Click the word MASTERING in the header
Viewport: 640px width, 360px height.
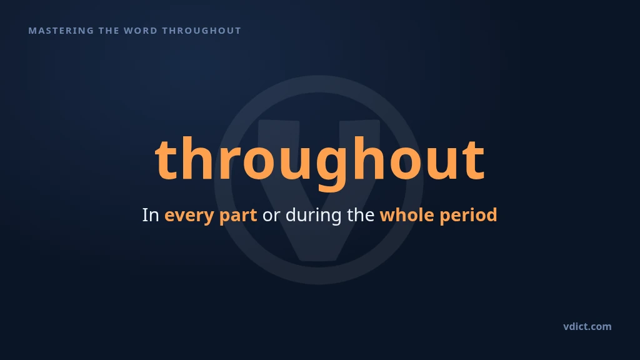(61, 31)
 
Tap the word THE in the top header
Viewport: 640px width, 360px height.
(109, 31)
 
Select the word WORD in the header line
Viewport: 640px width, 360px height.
(141, 31)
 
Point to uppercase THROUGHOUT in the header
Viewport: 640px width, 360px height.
(202, 31)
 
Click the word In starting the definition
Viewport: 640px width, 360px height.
(150, 215)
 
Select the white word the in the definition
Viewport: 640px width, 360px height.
(361, 215)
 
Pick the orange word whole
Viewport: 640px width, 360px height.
(407, 215)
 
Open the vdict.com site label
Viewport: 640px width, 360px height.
(587, 326)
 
